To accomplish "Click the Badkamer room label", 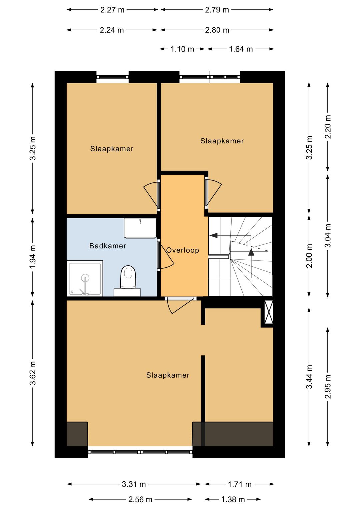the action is tap(108, 246).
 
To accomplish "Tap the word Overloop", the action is tap(183, 250).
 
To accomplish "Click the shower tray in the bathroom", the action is tap(85, 279).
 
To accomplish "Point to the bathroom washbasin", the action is tap(140, 228).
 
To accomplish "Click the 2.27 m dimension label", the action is tap(112, 10).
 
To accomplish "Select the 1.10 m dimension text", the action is tap(182, 49).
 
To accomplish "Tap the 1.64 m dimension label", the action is tap(241, 49).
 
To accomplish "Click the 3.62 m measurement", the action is tap(33, 373).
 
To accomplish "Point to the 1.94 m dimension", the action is tap(33, 257).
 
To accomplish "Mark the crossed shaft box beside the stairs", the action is tap(269, 312).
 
